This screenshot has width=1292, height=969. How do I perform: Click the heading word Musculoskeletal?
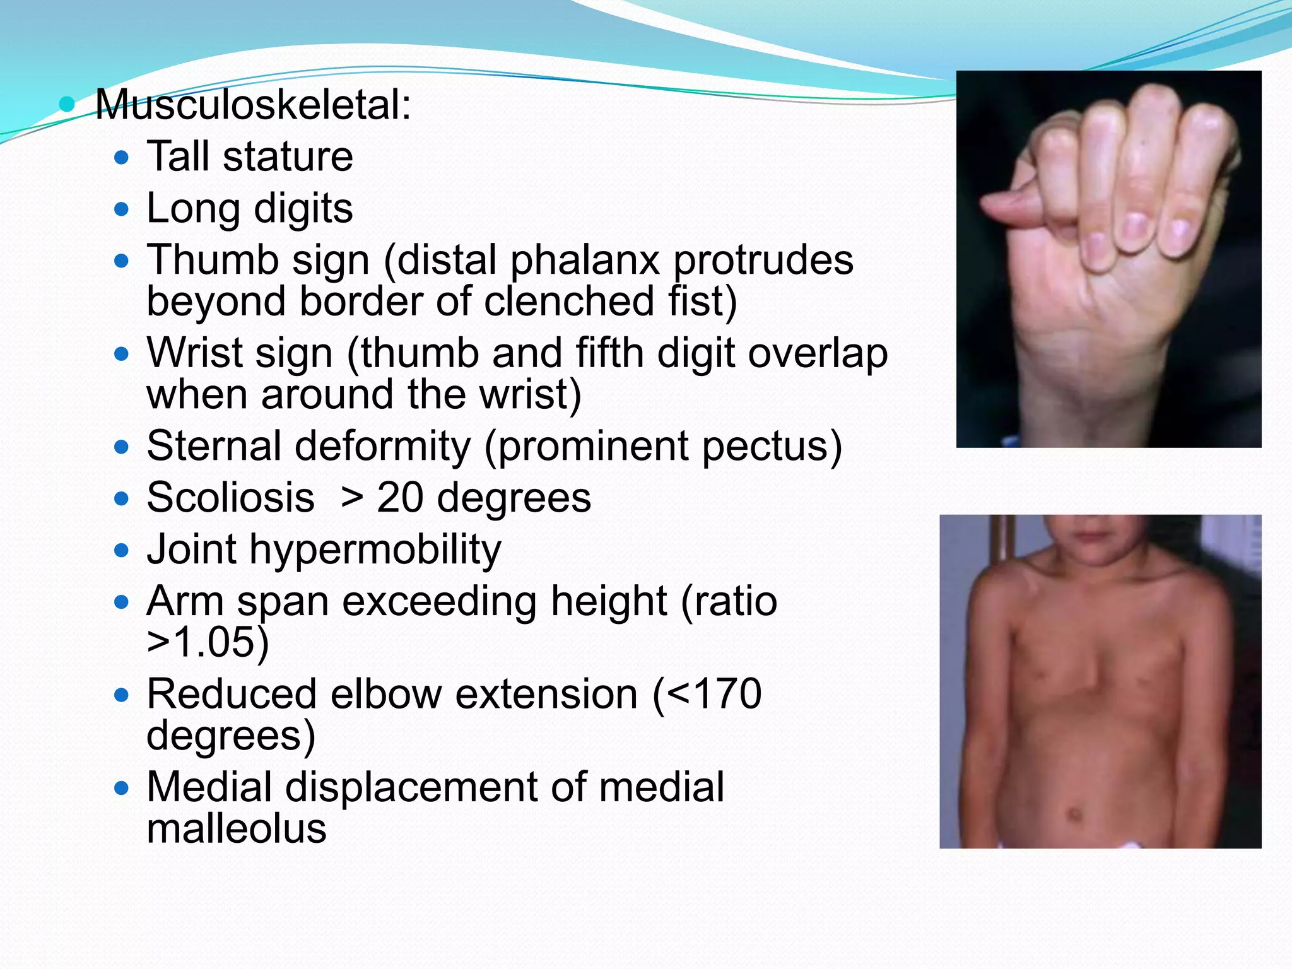252,105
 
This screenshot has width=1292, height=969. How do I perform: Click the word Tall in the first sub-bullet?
178,156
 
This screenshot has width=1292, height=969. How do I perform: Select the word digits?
303,209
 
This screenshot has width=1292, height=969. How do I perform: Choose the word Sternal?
214,446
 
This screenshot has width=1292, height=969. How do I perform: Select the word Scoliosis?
230,498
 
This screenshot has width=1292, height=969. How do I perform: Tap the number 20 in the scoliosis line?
400,498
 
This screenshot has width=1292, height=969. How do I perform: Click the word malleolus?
237,828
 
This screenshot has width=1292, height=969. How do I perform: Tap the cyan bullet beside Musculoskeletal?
66,104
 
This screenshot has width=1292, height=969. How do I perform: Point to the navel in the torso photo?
1071,813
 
